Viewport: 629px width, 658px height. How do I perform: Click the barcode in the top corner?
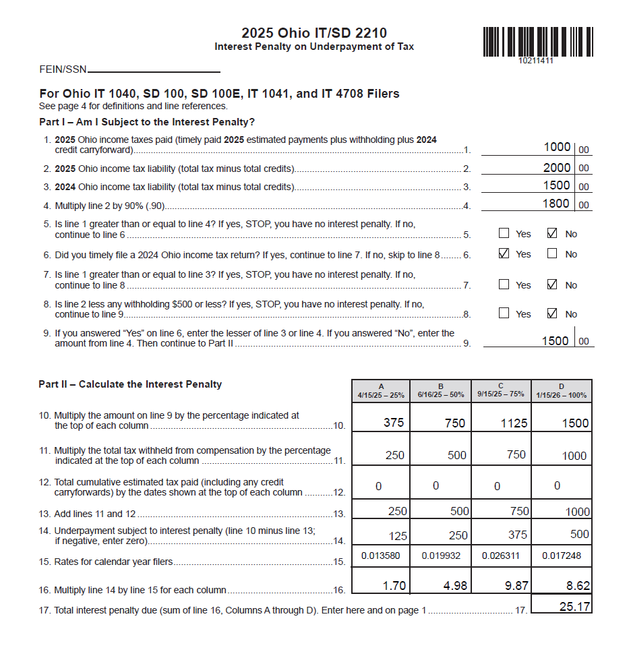[x=537, y=42]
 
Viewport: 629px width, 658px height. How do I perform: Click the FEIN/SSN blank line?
[x=154, y=71]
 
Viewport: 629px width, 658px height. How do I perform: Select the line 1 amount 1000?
[x=556, y=148]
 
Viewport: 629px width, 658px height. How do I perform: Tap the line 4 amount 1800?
[x=556, y=204]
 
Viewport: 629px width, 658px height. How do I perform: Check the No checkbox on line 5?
[x=553, y=234]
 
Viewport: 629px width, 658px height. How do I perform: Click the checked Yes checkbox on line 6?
[x=504, y=254]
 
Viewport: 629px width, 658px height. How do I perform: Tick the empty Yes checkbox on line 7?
[x=504, y=285]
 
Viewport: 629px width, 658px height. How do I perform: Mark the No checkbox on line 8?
[x=553, y=313]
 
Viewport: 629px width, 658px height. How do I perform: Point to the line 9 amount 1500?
[x=556, y=341]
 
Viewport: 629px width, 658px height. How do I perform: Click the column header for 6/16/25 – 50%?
[x=441, y=391]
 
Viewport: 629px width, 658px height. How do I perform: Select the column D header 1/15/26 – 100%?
[x=562, y=391]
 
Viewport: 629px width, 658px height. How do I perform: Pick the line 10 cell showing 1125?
[x=515, y=423]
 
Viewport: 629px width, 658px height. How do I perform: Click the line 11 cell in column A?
[x=394, y=456]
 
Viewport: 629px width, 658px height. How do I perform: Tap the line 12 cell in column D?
[x=557, y=486]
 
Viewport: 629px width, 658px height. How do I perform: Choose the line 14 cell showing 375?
[x=516, y=535]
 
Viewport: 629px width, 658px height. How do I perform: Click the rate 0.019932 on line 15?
[x=441, y=556]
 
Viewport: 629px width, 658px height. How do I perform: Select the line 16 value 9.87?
[x=516, y=586]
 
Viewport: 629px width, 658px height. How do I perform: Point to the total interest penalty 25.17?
[x=574, y=607]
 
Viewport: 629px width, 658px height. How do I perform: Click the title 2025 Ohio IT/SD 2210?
[x=314, y=33]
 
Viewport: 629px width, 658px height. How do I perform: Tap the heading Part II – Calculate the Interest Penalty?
[x=130, y=384]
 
